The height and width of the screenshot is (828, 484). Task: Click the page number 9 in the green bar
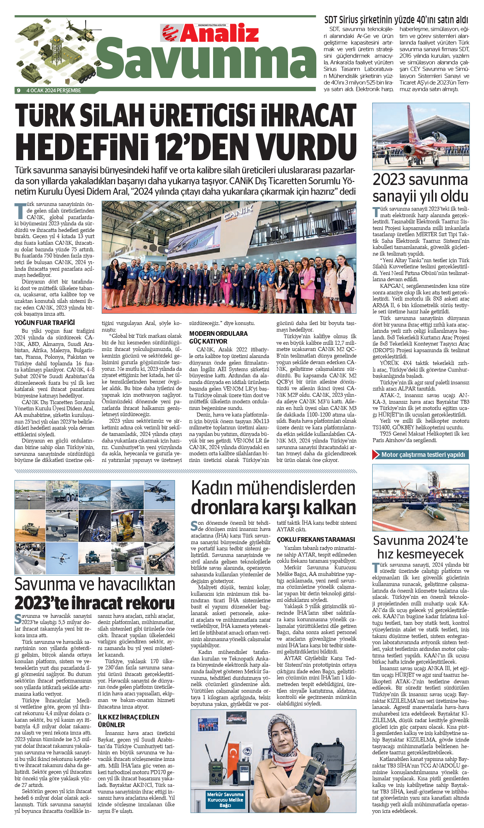pos(18,90)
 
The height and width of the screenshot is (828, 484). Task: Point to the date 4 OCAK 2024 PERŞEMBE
pos(54,90)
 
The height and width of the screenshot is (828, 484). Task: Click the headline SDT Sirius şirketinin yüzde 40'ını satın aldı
pos(396,20)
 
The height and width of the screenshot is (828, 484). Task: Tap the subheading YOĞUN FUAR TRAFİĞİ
pos(45,323)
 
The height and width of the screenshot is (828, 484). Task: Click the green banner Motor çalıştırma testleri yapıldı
pos(423,455)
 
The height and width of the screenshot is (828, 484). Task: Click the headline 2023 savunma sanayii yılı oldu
pos(420,188)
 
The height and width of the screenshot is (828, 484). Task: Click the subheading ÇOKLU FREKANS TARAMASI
pos(316,539)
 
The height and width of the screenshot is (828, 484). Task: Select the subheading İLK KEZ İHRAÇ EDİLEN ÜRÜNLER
pos(128,721)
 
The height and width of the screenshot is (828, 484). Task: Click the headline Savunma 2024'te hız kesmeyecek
pos(420,547)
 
